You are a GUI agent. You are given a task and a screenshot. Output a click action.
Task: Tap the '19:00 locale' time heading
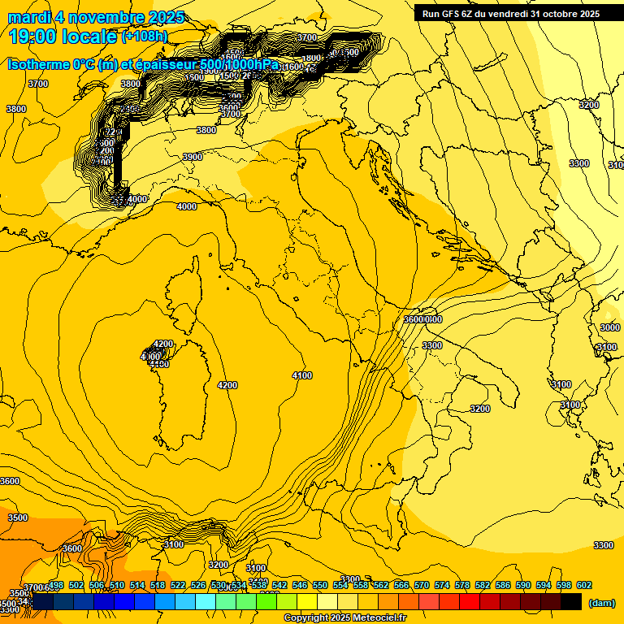[x=63, y=36]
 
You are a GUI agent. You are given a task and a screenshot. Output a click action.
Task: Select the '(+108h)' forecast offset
[x=145, y=36]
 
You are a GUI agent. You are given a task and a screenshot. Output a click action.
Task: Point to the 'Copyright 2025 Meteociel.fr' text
[x=344, y=617]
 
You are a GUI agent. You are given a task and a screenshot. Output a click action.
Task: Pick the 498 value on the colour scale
[x=56, y=585]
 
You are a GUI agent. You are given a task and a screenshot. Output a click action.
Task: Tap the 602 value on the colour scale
[x=583, y=585]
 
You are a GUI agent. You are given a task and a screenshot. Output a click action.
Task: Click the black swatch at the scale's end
[x=571, y=601]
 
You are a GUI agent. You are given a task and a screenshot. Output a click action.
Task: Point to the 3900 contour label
[x=193, y=157]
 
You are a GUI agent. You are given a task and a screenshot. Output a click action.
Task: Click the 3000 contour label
[x=609, y=327]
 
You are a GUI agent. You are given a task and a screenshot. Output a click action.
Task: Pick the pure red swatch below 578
[x=469, y=601]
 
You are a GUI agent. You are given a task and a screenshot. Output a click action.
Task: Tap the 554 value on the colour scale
[x=340, y=585]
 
